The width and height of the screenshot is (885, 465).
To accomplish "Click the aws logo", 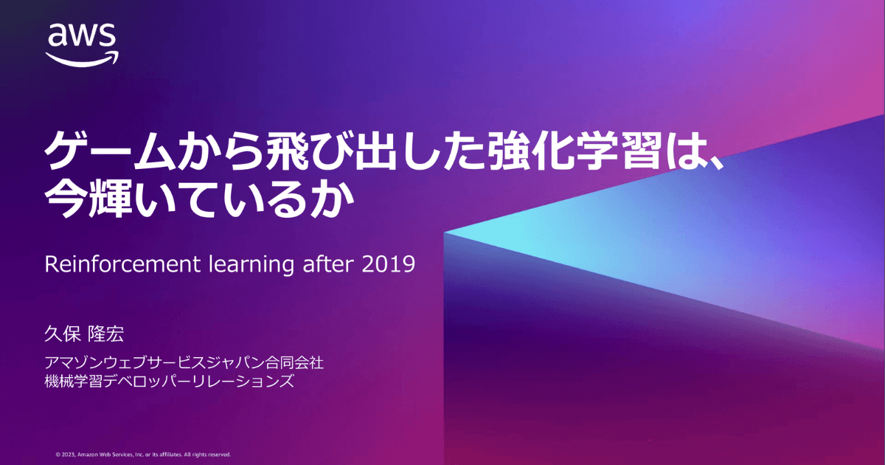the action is pyautogui.click(x=82, y=44).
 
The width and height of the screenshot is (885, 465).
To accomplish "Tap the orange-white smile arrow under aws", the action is pyautogui.click(x=82, y=59).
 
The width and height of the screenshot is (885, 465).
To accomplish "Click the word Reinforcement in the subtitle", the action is pyautogui.click(x=122, y=264).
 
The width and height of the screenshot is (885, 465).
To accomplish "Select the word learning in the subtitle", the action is pyautogui.click(x=251, y=265).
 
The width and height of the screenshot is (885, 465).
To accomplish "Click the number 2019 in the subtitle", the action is pyautogui.click(x=389, y=264).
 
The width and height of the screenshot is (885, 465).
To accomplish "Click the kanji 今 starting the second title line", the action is pyautogui.click(x=66, y=198).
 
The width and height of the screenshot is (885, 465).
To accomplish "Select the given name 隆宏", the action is pyautogui.click(x=106, y=334).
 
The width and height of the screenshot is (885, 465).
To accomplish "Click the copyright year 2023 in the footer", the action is pyautogui.click(x=68, y=455).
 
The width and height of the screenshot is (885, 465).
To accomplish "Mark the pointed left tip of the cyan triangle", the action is pyautogui.click(x=444, y=233).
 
